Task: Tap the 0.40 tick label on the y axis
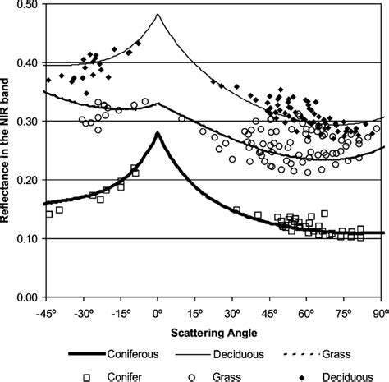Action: click(x=27, y=63)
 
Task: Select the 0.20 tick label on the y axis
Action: click(x=27, y=180)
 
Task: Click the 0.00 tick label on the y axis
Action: click(x=27, y=297)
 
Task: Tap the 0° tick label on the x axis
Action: click(x=158, y=313)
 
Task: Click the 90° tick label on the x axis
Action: click(x=378, y=313)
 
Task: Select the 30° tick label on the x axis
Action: click(x=232, y=313)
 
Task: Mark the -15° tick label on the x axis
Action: click(x=121, y=313)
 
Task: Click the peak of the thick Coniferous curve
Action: click(x=158, y=133)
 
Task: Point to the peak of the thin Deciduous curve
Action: click(x=158, y=15)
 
